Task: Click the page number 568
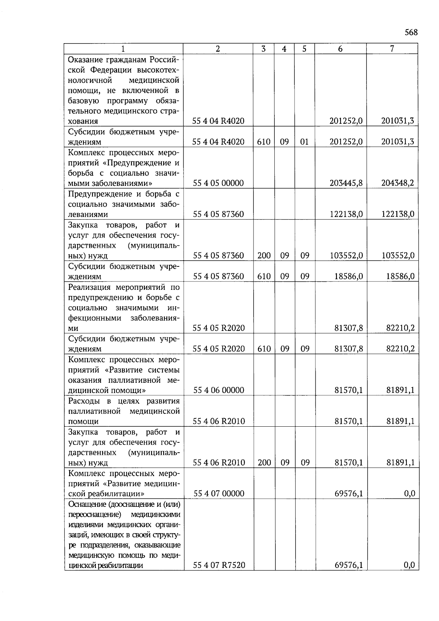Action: click(x=411, y=33)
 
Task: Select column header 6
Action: click(x=340, y=49)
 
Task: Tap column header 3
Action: click(x=263, y=49)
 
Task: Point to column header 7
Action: click(x=392, y=49)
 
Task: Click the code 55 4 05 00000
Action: click(x=218, y=183)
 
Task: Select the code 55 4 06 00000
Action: click(x=218, y=390)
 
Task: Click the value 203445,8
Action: click(x=346, y=183)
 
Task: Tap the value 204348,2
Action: click(x=398, y=183)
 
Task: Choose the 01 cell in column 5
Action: click(x=304, y=142)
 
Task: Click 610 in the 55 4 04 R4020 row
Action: click(x=263, y=142)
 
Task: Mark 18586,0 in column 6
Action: click(x=349, y=276)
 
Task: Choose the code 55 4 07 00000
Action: click(x=218, y=494)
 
